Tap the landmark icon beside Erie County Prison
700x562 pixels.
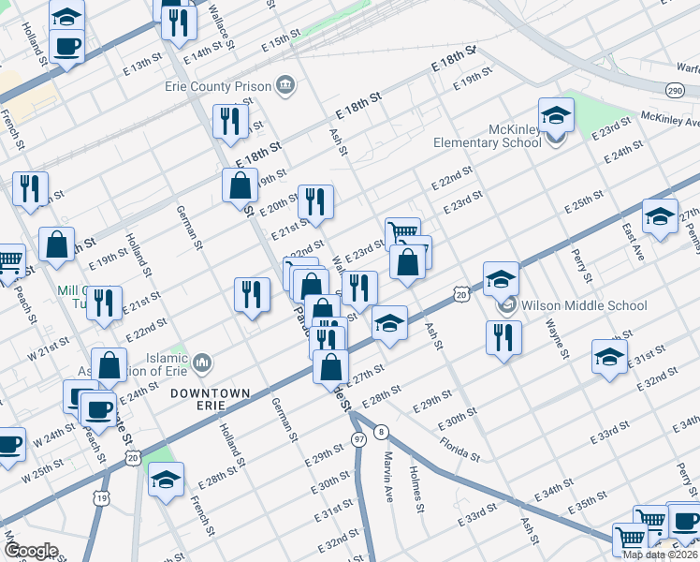click(286, 87)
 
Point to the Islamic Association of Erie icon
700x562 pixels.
click(203, 362)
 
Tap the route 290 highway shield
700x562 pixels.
click(675, 90)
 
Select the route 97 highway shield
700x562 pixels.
click(358, 438)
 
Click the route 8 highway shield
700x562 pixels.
click(381, 431)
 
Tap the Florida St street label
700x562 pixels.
click(459, 447)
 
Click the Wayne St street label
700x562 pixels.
click(556, 338)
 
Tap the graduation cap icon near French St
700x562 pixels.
click(166, 480)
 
